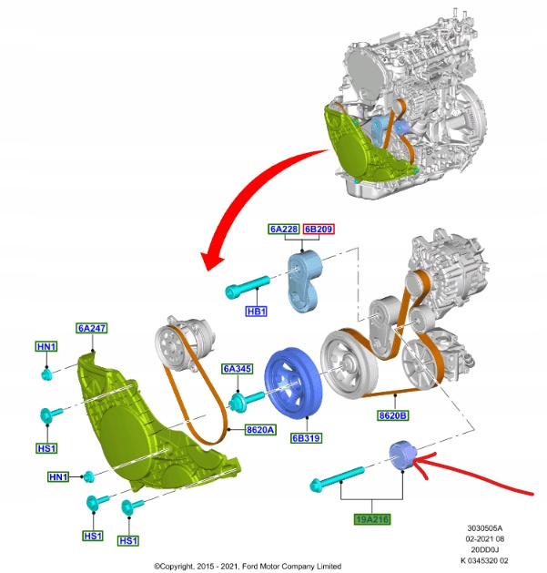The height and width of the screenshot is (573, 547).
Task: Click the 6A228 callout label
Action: pos(284,230)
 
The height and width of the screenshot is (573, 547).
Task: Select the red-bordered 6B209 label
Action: pos(318,230)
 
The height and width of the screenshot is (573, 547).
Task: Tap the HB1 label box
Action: pos(257,312)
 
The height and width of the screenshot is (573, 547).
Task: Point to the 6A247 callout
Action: pos(92,327)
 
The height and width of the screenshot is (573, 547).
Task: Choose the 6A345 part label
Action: pos(238,369)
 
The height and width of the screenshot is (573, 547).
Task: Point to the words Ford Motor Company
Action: pos(281,566)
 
